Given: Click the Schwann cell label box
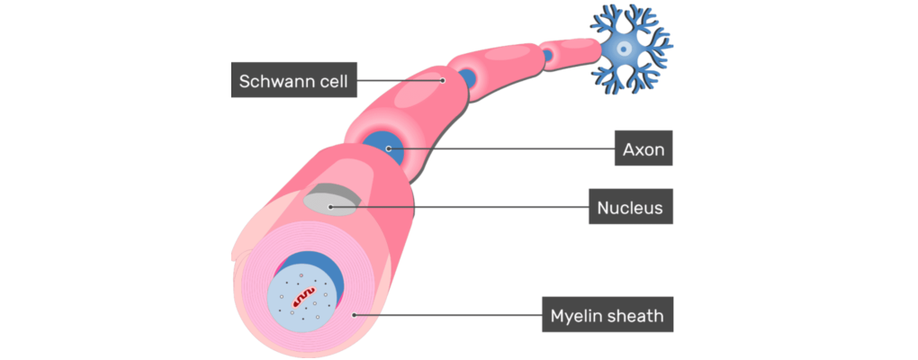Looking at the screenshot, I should coord(292,82).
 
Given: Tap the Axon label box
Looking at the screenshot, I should coord(644,149).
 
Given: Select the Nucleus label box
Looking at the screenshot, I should coord(630,208).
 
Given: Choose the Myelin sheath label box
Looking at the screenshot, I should coord(607,316).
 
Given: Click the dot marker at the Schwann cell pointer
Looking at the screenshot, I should coord(443,80).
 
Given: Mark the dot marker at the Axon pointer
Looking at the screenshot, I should coord(388,148).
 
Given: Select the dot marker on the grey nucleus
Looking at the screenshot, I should coord(331,207).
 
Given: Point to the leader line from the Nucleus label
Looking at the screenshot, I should coord(459,207).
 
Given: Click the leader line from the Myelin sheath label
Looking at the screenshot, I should coord(450,315).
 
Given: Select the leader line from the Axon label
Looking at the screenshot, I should coord(504,148).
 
